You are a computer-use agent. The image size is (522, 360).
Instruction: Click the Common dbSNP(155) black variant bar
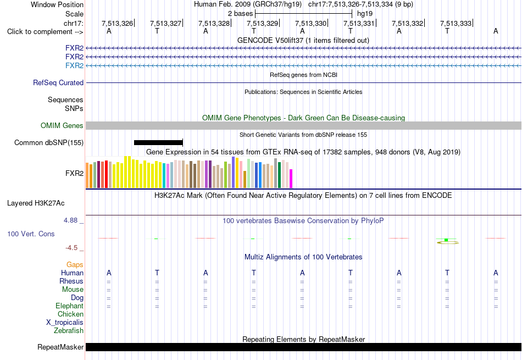[158, 142]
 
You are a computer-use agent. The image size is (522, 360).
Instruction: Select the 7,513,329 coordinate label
[262, 23]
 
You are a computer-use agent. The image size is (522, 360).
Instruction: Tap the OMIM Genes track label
[62, 125]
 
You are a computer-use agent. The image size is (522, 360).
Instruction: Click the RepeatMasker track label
[60, 347]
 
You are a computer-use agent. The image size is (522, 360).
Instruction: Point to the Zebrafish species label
[69, 331]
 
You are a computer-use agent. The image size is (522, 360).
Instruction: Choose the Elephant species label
[69, 306]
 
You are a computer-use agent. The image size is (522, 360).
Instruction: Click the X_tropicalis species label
[65, 323]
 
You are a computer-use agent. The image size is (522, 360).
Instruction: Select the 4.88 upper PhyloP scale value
[70, 220]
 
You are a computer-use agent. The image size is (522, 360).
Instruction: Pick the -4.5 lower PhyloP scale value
[71, 248]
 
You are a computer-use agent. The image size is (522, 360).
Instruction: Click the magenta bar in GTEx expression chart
[291, 179]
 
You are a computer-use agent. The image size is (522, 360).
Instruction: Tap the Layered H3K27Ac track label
[36, 203]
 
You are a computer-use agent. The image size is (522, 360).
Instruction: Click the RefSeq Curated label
[58, 82]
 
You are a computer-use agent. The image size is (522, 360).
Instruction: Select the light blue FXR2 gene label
[75, 65]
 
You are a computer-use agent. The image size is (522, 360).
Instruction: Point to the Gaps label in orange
[75, 264]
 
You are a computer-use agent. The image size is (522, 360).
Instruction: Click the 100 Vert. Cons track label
[31, 234]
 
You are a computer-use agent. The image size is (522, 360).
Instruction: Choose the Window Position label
[57, 4]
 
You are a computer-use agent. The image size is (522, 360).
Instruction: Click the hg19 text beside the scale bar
[365, 14]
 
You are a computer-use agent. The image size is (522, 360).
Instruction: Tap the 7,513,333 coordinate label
[456, 23]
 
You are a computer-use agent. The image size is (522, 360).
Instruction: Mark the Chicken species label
[70, 314]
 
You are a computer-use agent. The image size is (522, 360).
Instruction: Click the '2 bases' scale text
[240, 14]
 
